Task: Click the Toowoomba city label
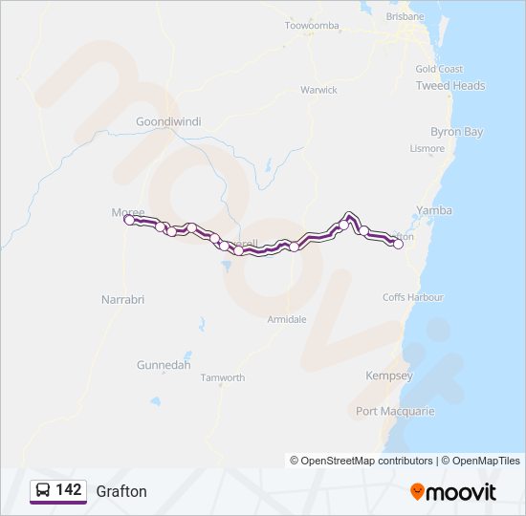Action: pos(312,25)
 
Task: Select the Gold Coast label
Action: pos(439,69)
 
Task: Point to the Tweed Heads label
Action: pos(450,85)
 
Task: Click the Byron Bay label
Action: pos(457,132)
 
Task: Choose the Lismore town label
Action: pos(427,148)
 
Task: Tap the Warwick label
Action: pos(318,90)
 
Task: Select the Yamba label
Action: pos(435,210)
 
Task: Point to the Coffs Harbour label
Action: pos(414,297)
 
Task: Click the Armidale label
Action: pos(287,319)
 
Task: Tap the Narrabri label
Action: pos(122,299)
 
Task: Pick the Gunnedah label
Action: pos(164,365)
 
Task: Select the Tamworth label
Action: pos(223,377)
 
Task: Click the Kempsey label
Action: pos(389,376)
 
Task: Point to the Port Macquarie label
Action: pos(395,411)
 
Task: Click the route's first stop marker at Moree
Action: pos(129,220)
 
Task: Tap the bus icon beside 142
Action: pos(43,490)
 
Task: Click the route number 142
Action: pos(69,490)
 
